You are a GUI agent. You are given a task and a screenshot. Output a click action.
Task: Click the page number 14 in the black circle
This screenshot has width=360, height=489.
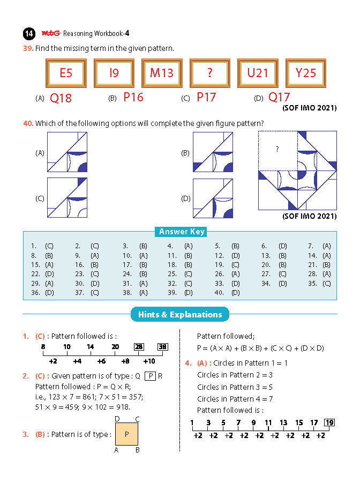tap(29, 34)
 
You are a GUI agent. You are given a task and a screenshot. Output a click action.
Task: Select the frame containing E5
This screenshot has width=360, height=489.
tap(66, 73)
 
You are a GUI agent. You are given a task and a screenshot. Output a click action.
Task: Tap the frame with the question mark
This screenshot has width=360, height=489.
tap(209, 73)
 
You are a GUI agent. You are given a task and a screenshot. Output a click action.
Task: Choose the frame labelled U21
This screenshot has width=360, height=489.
tap(258, 73)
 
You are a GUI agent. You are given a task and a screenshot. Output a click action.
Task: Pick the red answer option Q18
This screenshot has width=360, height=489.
tap(61, 98)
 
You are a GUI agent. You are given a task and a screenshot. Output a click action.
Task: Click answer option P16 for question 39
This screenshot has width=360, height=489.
tap(133, 97)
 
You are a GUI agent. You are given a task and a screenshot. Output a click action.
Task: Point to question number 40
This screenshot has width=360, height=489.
tap(28, 123)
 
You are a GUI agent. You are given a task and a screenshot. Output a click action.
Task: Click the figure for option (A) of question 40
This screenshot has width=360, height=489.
tap(67, 152)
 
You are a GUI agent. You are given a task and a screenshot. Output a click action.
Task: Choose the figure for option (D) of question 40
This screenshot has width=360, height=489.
tap(213, 198)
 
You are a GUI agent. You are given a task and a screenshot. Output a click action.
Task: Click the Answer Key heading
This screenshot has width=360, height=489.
tap(182, 232)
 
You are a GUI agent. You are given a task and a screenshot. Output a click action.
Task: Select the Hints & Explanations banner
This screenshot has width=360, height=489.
tap(180, 315)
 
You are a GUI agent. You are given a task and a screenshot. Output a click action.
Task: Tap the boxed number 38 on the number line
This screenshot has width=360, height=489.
tap(163, 347)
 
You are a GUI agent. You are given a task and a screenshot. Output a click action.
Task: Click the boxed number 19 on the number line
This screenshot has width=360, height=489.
tap(329, 423)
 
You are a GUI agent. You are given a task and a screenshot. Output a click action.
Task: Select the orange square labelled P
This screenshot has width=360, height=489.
tap(126, 434)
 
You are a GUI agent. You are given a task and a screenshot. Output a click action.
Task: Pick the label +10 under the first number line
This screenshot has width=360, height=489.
tap(149, 361)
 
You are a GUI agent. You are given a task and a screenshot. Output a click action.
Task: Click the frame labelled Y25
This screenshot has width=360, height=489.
tap(306, 73)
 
